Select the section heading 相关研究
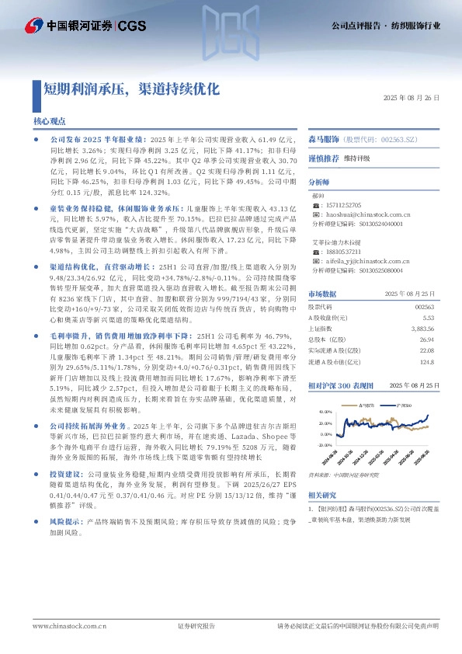point(322,496)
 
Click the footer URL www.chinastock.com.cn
point(59,625)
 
